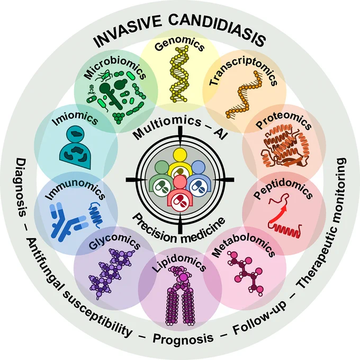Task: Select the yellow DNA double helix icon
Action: (179, 74)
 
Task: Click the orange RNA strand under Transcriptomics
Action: (244, 95)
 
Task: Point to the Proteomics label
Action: (284, 120)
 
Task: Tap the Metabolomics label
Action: (244, 245)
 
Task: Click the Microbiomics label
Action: (115, 68)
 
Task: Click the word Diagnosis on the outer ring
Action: (21, 187)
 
